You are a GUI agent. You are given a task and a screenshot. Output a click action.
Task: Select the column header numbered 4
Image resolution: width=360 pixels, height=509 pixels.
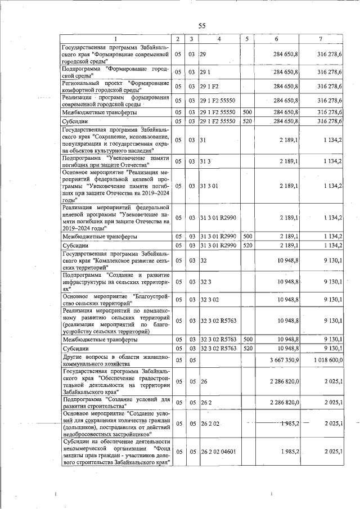219,39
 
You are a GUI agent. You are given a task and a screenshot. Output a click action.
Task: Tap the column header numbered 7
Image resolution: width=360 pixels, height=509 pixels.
320,39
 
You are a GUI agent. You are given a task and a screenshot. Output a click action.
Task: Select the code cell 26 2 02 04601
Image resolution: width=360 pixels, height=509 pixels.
220,452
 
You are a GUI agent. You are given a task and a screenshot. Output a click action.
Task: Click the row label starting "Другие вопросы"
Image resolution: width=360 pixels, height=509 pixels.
115,360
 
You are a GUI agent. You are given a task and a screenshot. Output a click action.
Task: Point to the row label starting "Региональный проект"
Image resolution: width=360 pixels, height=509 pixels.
115,86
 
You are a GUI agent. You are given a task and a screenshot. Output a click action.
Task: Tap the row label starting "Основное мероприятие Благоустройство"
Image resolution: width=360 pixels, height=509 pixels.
115,300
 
